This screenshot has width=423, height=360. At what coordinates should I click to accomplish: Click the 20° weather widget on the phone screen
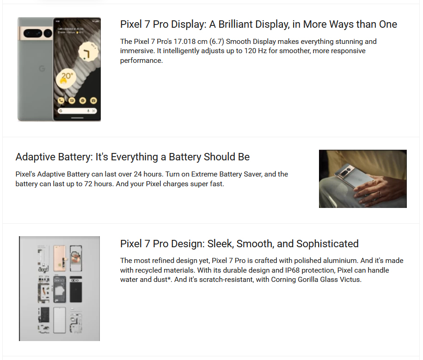[66, 78]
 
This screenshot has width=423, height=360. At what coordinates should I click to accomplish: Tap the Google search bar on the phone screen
[77, 111]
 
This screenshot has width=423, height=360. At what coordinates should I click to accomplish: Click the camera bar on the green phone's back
[36, 33]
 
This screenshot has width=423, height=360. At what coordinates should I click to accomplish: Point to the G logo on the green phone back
[42, 68]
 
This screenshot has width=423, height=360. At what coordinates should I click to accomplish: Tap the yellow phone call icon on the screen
[61, 101]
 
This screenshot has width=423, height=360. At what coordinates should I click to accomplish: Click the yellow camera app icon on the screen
[93, 101]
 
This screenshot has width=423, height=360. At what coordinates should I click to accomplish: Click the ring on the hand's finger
[379, 193]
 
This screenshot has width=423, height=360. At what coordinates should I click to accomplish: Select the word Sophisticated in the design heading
[327, 244]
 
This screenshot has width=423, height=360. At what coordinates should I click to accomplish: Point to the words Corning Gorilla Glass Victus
[316, 280]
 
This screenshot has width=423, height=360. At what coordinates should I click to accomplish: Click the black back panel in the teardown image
[76, 289]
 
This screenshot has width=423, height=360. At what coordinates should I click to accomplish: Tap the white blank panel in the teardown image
[60, 320]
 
